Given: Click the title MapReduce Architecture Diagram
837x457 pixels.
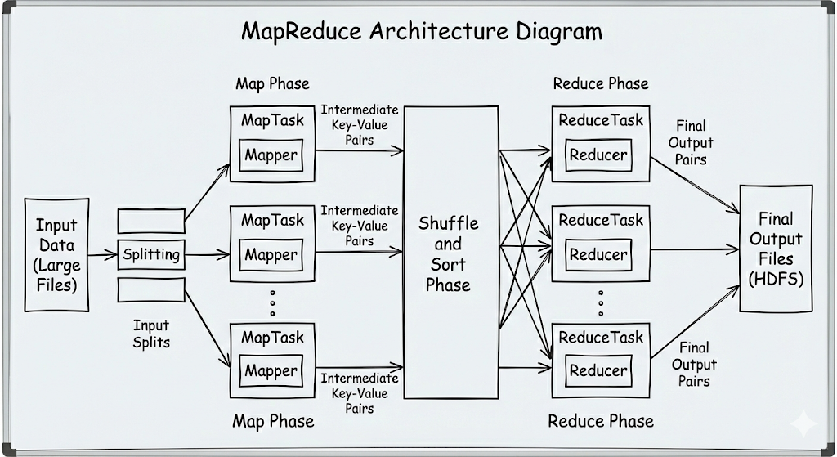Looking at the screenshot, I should coord(422,32).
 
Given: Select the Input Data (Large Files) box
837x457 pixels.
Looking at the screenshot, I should coord(56,254).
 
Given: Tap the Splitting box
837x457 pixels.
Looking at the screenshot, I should coord(151,254).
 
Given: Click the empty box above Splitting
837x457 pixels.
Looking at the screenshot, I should coord(151,221).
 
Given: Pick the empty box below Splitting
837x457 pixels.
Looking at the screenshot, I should coord(151,289).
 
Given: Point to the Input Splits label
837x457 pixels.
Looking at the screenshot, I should coord(151,334).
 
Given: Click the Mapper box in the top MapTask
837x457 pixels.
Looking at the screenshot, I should coord(271,155).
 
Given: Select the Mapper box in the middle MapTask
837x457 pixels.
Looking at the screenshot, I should coord(271,255).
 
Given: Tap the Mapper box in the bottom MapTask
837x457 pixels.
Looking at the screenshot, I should coord(271,371).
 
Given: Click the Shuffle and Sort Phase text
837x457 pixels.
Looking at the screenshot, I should coord(450,253).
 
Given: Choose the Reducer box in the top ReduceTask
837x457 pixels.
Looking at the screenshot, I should coord(598,155).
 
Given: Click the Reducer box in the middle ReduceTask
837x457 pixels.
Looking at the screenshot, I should coord(598,255).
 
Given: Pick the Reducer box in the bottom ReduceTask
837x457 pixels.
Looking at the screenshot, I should coord(598,371).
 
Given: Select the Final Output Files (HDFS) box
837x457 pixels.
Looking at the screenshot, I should coord(776,249).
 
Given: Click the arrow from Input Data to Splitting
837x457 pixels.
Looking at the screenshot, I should coord(103,255).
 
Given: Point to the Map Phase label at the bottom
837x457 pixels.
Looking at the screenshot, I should coord(273,421).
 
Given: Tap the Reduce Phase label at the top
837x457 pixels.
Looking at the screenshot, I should coord(601,83).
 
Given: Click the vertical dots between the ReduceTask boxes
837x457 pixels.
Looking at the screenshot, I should coord(601,302).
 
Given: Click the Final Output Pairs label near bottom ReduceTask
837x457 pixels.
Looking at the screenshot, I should coord(694,364).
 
